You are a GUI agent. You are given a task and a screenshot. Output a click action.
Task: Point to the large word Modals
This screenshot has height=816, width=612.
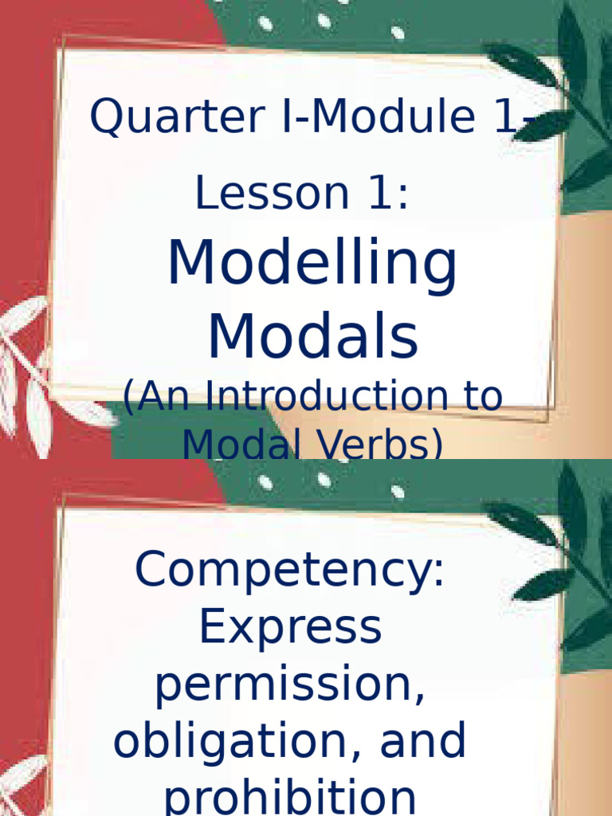pyautogui.click(x=312, y=338)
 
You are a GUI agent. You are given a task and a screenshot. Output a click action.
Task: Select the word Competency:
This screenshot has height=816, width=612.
pyautogui.click(x=290, y=569)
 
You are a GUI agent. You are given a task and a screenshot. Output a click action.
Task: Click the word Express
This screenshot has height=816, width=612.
pyautogui.click(x=290, y=627)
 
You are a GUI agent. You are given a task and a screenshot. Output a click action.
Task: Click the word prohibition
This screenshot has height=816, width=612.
pyautogui.click(x=290, y=797)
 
